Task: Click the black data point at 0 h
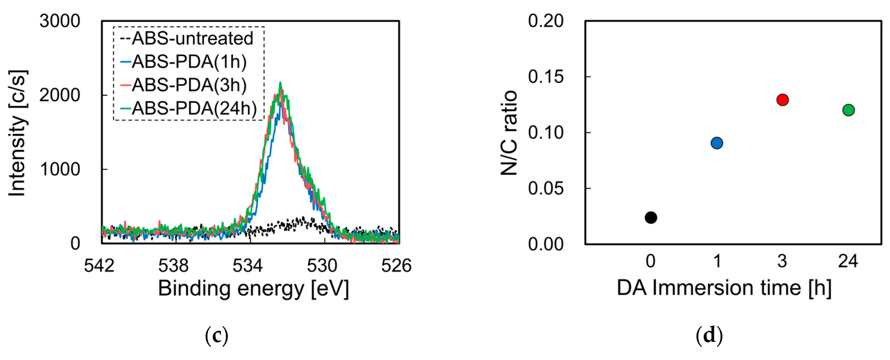651,217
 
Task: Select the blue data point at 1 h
717,143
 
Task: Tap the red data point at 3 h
782,100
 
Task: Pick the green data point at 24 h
848,110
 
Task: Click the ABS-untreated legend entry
187,38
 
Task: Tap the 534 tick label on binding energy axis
248,265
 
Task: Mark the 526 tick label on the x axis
396,265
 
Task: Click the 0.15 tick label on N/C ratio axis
545,77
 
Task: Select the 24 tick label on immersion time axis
848,261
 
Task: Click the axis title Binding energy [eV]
253,289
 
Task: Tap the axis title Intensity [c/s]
18,133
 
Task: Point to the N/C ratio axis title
509,133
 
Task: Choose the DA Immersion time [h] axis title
724,288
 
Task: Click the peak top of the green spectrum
280,83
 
